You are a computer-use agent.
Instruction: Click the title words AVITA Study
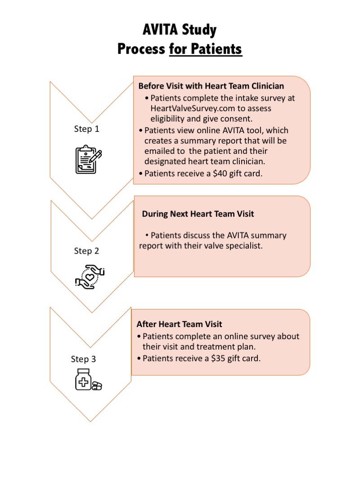[x=180, y=30]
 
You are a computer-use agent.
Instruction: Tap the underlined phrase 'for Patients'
[x=206, y=49]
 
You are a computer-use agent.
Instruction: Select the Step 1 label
[x=86, y=129]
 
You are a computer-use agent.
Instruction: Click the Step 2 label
[x=86, y=251]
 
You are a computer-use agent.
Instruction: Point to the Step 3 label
[x=83, y=359]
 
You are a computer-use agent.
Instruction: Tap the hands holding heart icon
[x=90, y=277]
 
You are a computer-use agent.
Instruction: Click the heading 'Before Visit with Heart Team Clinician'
[x=211, y=86]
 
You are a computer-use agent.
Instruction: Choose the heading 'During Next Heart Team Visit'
[x=198, y=214]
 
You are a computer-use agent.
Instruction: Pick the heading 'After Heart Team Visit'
[x=180, y=324]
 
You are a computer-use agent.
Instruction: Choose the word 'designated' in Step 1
[x=166, y=161]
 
